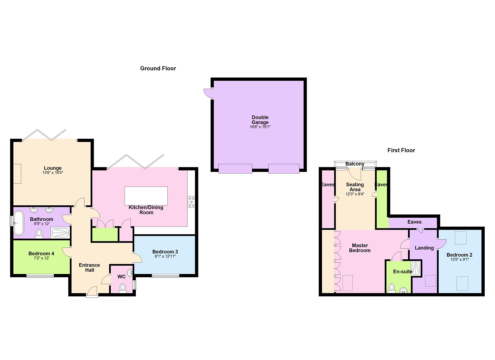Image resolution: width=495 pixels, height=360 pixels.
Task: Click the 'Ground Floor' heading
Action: [158, 68]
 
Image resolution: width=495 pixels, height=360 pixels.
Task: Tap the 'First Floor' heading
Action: [401, 150]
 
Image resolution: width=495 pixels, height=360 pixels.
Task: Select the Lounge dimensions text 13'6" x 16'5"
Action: [53, 173]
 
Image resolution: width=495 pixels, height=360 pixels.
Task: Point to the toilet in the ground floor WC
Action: [123, 288]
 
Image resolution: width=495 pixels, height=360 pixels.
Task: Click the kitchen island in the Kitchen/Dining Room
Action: [146, 196]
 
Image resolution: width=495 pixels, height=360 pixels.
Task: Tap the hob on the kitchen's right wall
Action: [191, 202]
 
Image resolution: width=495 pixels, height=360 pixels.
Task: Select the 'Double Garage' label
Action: [260, 120]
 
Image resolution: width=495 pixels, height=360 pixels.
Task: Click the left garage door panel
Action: [235, 169]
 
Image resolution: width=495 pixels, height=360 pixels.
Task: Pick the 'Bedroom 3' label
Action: [165, 252]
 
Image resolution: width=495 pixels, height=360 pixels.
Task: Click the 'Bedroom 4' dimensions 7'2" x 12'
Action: [41, 258]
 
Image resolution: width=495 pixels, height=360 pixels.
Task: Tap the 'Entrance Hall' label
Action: [89, 268]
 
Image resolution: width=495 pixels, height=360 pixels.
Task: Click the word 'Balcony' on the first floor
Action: [355, 164]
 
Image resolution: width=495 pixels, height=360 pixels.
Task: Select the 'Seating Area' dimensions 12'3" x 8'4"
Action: [355, 194]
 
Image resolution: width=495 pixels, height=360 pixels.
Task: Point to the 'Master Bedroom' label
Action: [360, 248]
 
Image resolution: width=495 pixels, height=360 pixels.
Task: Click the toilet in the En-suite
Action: [392, 288]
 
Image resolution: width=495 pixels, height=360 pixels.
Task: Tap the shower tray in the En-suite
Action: [416, 268]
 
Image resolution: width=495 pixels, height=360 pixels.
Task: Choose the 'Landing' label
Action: [424, 248]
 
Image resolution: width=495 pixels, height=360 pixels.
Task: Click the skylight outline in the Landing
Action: [430, 281]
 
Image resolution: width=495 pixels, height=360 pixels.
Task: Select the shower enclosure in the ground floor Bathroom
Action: [60, 233]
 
